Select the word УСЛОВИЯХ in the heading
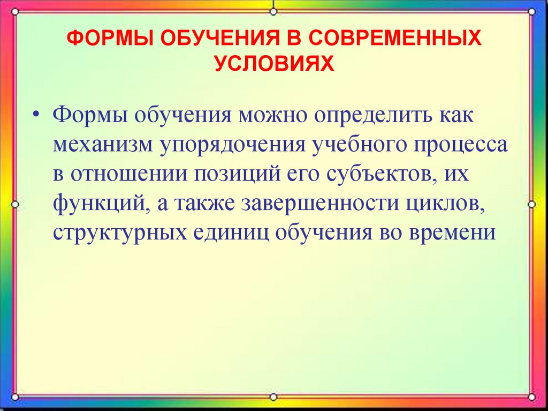click(274, 64)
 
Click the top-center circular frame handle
click(273, 11)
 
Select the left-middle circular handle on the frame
click(15, 204)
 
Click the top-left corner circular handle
click(15, 11)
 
